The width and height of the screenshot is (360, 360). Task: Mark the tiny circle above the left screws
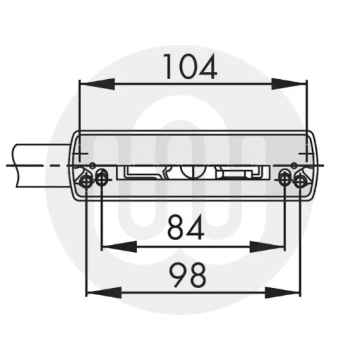93,164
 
